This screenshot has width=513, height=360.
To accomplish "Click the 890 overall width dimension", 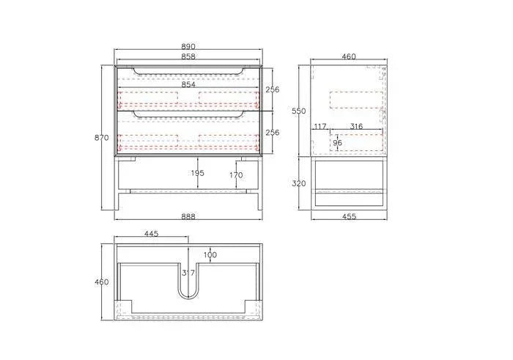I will coord(188,46).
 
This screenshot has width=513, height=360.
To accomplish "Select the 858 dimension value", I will coord(188,56).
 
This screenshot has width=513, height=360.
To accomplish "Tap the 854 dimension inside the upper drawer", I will coord(188,84).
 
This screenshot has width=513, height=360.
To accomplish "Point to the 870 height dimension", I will coord(102,137).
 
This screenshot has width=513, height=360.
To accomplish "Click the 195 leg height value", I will coord(198,173).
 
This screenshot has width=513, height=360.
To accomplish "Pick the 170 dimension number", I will coord(236,175).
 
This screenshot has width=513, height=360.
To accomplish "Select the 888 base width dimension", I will coord(188,216).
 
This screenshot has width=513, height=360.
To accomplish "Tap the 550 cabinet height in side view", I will coord(298,111).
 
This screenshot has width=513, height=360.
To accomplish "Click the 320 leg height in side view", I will coord(298,183).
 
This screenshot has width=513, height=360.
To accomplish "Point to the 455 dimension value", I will coord(350,216).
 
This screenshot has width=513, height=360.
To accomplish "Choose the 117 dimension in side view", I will coord(320,127).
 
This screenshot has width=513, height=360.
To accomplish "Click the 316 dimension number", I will coord(356,127).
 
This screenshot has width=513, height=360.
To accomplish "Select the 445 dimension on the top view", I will coord(152,234).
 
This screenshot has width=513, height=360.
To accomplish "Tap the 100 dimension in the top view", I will coord(211,254).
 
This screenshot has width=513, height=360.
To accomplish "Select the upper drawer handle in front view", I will coord(188,72).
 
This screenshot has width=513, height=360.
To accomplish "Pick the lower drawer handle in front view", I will coord(188,115).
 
